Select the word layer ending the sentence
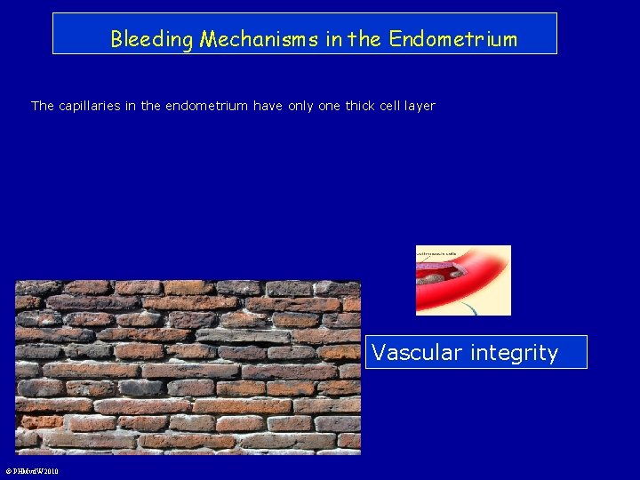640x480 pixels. click(419, 106)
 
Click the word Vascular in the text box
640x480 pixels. click(412, 353)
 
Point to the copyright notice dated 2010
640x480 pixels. click(32, 471)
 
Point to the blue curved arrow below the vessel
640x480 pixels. click(470, 308)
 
